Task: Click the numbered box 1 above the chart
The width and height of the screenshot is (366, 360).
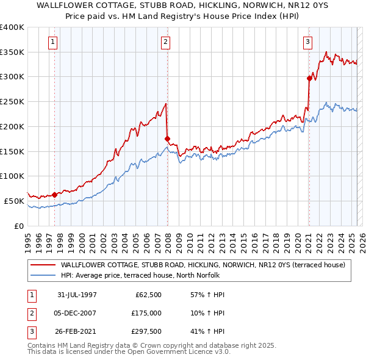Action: coord(54,42)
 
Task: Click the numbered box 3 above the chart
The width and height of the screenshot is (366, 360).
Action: coord(308,42)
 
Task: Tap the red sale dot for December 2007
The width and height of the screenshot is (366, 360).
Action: coord(167,139)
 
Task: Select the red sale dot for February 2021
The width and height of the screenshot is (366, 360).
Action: coord(309,78)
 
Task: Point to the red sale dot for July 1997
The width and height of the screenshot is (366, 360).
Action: coord(55,195)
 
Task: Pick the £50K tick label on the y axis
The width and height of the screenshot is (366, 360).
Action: coord(14,201)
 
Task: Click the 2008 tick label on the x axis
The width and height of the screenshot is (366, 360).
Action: coord(169,238)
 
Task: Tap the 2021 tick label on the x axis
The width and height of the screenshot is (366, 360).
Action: coord(309,238)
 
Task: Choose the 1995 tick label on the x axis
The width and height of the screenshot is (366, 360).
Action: coord(28,238)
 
